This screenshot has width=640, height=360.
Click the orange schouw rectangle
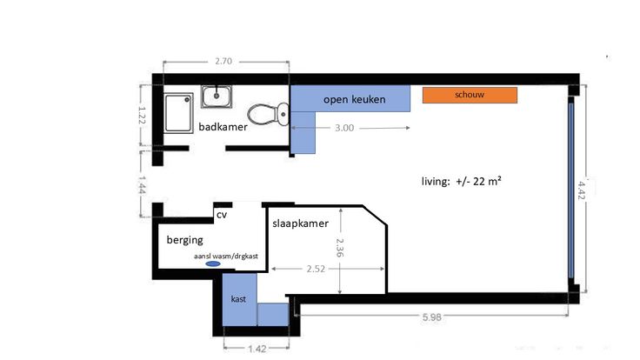tap(470, 95)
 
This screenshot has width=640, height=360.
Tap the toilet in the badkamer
tap(268, 114)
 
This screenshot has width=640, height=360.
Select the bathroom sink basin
tap(217, 97)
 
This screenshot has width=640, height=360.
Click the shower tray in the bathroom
tap(179, 113)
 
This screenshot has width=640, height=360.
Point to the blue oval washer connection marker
tap(213, 264)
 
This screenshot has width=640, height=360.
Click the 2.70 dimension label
tap(223, 61)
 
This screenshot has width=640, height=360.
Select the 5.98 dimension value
tap(431, 317)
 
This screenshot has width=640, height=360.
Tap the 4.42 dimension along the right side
tap(582, 190)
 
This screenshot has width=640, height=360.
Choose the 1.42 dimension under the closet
tap(257, 349)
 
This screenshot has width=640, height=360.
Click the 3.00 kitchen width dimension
tap(344, 128)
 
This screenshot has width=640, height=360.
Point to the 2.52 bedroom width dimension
tap(316, 269)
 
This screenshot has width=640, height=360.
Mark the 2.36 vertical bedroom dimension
tap(340, 248)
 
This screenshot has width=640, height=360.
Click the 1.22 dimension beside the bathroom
tap(142, 115)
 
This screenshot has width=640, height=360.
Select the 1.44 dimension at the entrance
tap(142, 184)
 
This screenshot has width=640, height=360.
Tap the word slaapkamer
tap(300, 223)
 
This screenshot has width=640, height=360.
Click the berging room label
tap(185, 240)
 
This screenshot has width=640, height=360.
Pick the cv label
tap(221, 215)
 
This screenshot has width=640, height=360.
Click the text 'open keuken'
tap(354, 100)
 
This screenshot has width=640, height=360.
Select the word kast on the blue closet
tap(238, 299)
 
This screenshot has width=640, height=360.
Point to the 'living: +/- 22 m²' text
tap(461, 181)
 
